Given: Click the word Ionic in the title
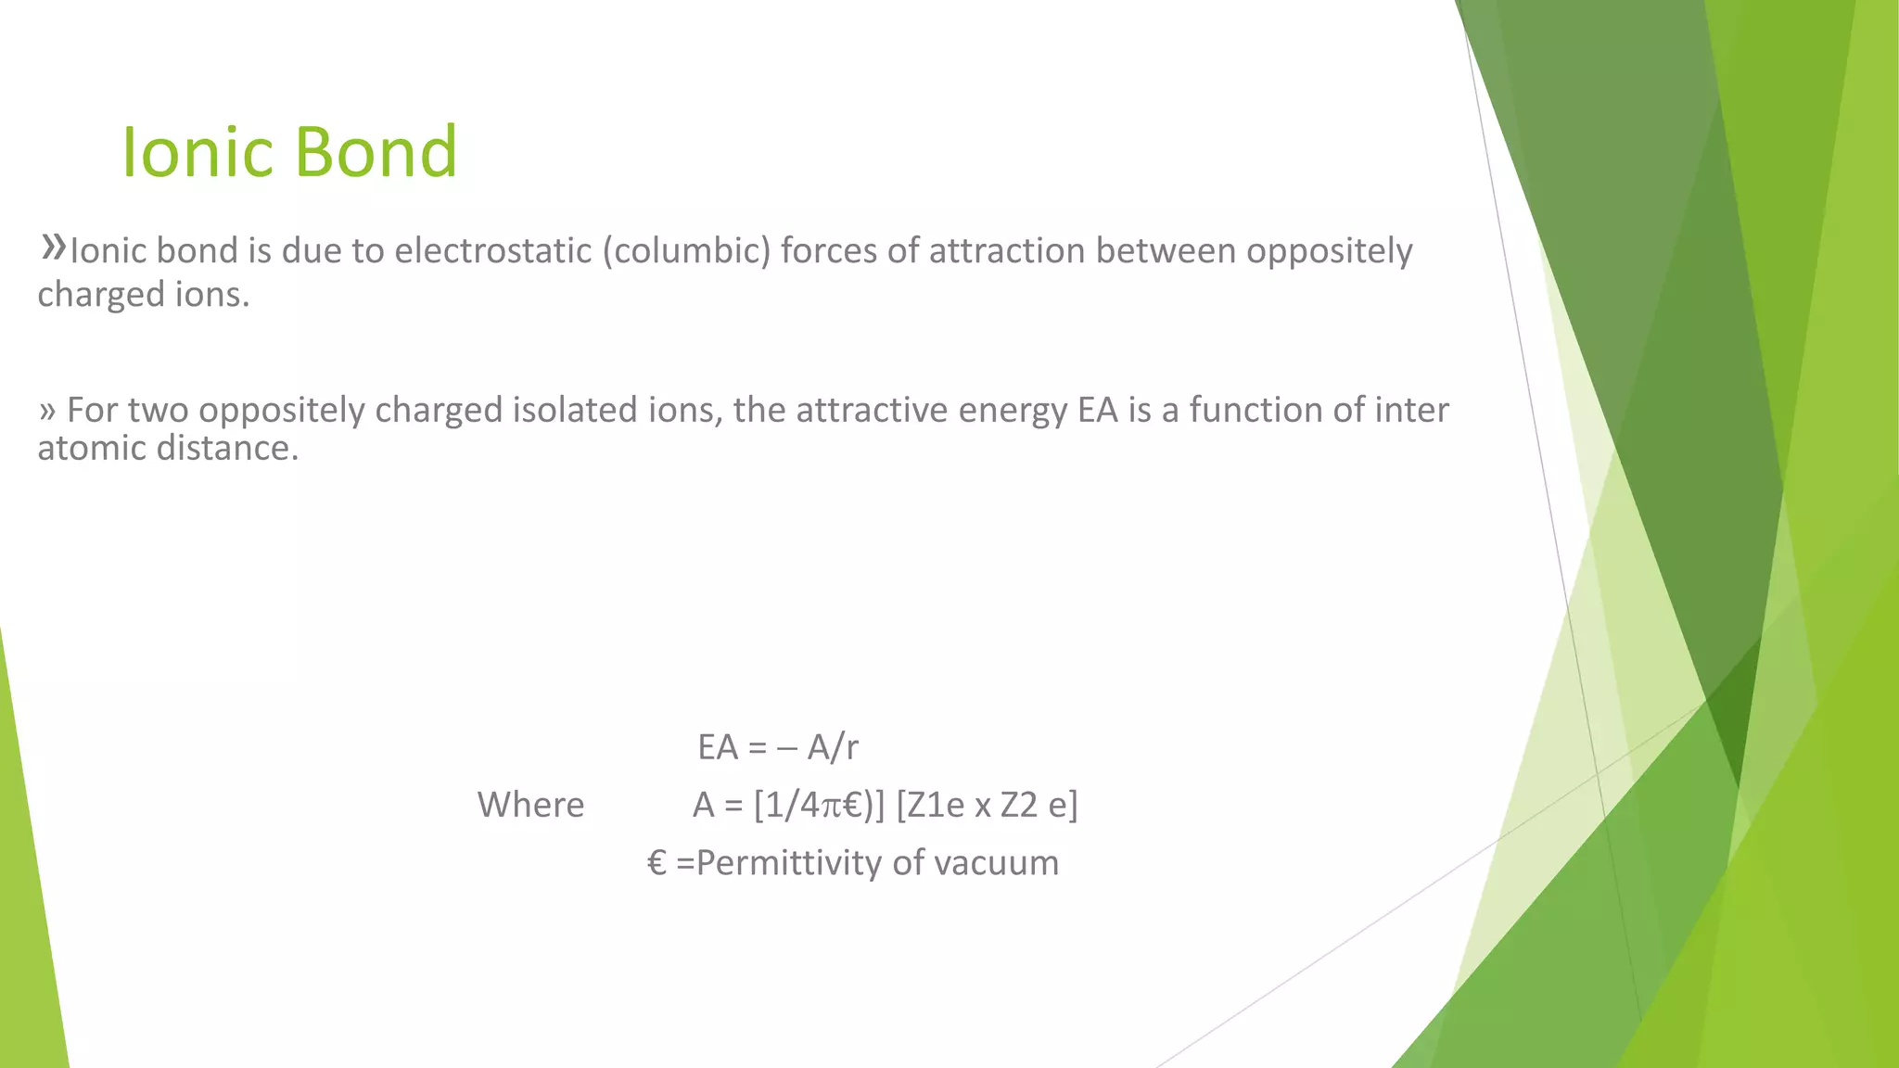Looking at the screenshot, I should click(x=197, y=152).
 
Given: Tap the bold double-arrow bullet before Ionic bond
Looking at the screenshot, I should click(x=53, y=247).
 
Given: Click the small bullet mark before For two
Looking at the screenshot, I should click(x=47, y=411).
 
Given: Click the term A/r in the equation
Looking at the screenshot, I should click(x=833, y=747).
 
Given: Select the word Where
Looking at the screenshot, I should click(x=530, y=805).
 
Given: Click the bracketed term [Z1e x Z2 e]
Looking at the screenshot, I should click(x=987, y=805).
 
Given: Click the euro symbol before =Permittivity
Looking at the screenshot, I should click(x=656, y=863).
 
